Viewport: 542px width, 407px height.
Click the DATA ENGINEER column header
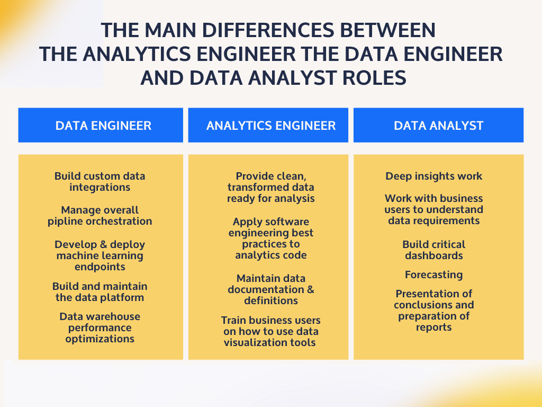(103, 126)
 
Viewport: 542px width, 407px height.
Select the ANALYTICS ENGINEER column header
(271, 126)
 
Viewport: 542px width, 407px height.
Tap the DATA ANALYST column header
(438, 126)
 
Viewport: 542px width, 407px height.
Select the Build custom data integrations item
(100, 182)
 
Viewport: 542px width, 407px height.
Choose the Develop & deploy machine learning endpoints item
(100, 255)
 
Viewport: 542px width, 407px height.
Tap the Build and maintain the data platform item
(100, 291)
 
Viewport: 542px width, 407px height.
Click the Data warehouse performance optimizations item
(100, 328)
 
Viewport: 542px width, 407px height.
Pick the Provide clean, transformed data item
(271, 188)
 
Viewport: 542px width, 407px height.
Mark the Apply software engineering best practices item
(271, 238)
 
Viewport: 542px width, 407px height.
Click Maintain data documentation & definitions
(271, 289)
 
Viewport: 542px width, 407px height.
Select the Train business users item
(271, 331)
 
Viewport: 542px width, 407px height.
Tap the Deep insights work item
(434, 176)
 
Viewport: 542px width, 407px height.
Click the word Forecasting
(434, 275)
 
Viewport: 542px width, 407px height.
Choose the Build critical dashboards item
(434, 250)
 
